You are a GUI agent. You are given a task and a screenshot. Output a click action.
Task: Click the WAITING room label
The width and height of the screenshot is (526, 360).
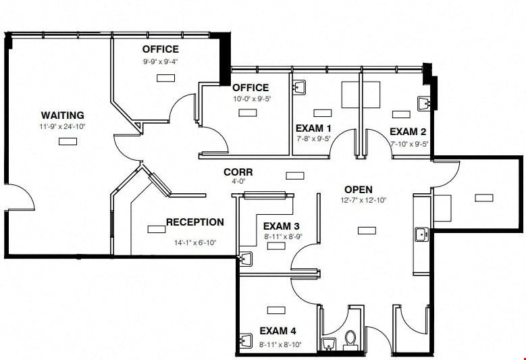(x=62, y=115)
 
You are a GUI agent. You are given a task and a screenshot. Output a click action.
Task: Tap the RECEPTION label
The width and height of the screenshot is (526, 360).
(x=195, y=222)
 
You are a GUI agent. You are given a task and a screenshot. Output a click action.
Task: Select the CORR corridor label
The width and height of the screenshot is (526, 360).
(x=238, y=172)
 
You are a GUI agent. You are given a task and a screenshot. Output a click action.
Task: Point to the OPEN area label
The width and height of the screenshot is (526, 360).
(x=359, y=190)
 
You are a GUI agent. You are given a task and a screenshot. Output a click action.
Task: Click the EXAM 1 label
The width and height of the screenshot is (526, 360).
(x=313, y=128)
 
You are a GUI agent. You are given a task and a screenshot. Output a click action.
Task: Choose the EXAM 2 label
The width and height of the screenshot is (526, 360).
(x=408, y=132)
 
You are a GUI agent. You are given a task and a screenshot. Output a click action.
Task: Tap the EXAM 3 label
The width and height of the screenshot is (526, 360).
(x=281, y=226)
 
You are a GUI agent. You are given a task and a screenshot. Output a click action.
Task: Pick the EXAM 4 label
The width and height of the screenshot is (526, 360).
(x=278, y=331)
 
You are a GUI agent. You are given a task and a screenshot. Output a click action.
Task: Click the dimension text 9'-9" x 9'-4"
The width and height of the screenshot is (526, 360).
(x=161, y=61)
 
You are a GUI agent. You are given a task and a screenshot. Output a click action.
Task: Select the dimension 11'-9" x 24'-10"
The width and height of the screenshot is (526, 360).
(x=62, y=127)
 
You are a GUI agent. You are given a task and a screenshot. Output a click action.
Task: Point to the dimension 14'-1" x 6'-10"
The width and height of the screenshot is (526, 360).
(x=195, y=242)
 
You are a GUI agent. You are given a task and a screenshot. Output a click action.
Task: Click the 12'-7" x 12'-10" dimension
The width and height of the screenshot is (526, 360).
(x=364, y=201)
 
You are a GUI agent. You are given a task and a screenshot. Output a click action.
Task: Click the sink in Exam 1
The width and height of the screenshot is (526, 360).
(x=298, y=86)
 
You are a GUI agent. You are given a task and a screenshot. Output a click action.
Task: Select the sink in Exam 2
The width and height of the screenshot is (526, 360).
(x=424, y=103)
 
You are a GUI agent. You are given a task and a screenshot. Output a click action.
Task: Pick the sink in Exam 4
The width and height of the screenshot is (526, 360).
(x=246, y=340)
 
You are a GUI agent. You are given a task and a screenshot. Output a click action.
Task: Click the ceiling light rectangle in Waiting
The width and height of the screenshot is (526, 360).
(x=68, y=142)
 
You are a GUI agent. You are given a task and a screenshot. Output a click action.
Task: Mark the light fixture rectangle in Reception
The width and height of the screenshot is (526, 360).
(x=157, y=230)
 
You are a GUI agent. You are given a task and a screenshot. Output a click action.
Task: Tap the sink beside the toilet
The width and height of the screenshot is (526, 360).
(x=329, y=344)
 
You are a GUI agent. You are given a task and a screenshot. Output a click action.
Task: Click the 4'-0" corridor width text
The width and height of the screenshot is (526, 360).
(x=238, y=182)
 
